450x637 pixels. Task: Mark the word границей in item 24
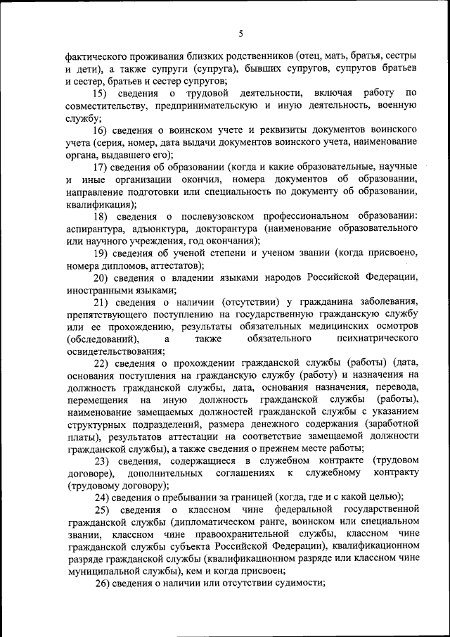pyautogui.click(x=254, y=497)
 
